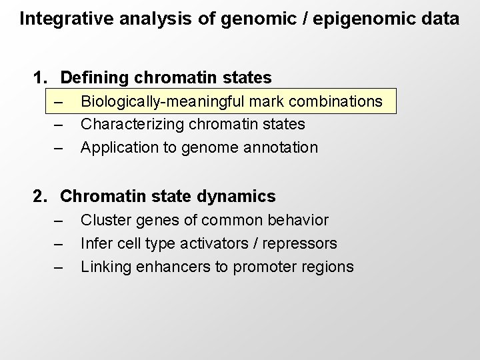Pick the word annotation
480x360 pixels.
(283, 147)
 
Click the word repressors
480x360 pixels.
(303, 243)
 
